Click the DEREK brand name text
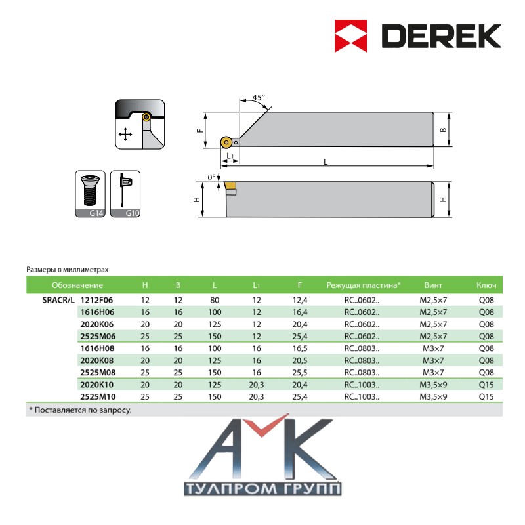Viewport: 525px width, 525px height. (x=441, y=36)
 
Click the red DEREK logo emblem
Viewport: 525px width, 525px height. (x=351, y=36)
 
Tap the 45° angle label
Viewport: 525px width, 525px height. (x=258, y=97)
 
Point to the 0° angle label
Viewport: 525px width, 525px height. (x=211, y=177)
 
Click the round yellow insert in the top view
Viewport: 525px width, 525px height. (x=226, y=142)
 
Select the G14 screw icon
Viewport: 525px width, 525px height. (x=90, y=194)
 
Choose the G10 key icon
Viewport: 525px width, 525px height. (x=125, y=194)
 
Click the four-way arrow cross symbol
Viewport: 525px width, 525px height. (x=125, y=135)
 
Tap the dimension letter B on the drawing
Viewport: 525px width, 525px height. (x=444, y=129)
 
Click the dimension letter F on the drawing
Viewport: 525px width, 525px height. (x=200, y=130)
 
